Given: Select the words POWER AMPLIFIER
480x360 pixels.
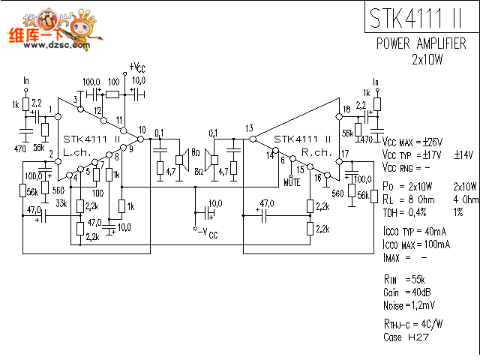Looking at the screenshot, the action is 421,43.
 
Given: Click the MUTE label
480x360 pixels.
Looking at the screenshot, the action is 292,181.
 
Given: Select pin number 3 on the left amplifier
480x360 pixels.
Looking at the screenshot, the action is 76,100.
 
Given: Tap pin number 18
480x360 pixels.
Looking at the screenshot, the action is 346,109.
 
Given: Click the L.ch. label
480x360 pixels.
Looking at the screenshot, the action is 76,152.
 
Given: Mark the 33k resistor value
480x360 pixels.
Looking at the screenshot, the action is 61,202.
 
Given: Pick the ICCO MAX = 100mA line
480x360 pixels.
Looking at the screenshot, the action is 416,244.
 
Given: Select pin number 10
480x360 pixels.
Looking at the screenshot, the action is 142,130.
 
